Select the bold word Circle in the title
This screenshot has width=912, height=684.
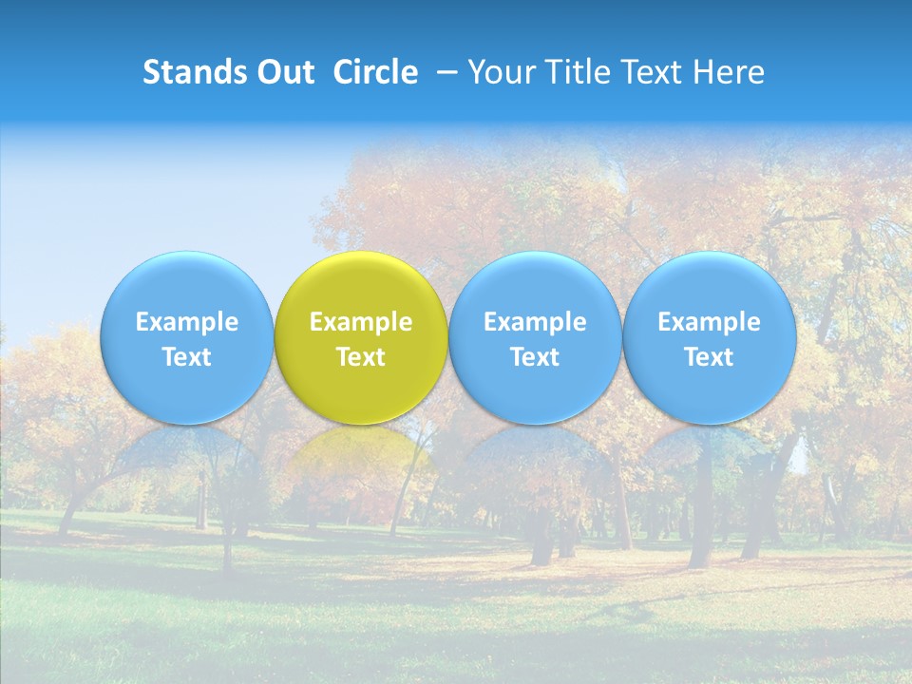[375, 72]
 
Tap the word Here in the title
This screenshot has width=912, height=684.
[729, 72]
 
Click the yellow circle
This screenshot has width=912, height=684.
[361, 285]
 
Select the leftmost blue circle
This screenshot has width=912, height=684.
[186, 285]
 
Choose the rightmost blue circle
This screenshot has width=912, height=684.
[710, 285]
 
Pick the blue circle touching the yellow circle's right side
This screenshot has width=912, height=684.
[535, 285]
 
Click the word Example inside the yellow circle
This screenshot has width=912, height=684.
[361, 322]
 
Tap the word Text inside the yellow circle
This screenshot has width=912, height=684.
[361, 357]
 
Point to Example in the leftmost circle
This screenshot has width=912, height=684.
[186, 322]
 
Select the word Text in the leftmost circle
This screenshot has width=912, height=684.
[186, 357]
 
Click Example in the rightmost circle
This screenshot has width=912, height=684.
[710, 322]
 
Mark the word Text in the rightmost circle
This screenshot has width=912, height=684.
[710, 357]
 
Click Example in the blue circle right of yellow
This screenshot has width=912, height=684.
[535, 322]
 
